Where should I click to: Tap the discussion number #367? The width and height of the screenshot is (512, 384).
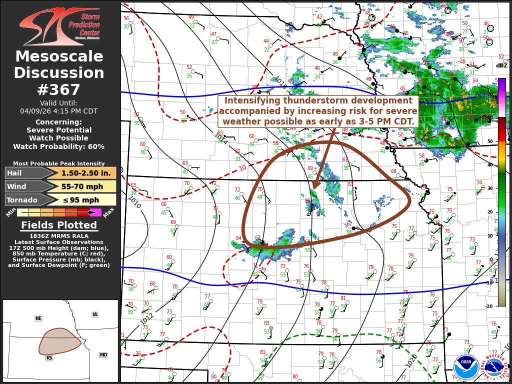[59, 90]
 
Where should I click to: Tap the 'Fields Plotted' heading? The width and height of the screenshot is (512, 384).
[59, 225]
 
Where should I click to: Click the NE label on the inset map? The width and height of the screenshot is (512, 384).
[38, 318]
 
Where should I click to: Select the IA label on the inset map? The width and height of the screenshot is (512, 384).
[95, 314]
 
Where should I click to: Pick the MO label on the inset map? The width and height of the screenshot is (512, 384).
[103, 355]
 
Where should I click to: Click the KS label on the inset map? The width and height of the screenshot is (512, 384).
[49, 358]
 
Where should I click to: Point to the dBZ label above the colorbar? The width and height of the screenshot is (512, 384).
[501, 65]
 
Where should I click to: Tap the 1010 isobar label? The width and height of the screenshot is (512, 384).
[134, 202]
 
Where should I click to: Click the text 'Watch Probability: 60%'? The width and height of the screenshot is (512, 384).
[59, 146]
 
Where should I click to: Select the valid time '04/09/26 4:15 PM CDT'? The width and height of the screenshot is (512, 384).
[59, 111]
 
